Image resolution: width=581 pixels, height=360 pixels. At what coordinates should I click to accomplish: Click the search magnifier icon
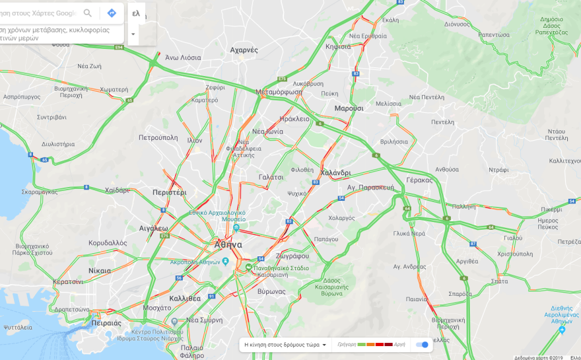click(x=88, y=13)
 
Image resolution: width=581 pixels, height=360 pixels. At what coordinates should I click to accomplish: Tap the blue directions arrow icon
click(x=112, y=13)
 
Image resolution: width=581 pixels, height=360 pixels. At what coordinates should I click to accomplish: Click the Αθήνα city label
click(x=228, y=244)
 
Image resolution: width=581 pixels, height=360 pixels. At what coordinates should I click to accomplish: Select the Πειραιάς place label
click(x=106, y=323)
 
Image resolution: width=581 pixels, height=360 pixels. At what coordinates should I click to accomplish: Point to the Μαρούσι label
click(x=349, y=108)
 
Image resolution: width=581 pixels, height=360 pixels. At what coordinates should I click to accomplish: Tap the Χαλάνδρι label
click(x=335, y=172)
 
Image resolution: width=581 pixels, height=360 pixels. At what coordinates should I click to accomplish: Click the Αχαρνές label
click(x=244, y=50)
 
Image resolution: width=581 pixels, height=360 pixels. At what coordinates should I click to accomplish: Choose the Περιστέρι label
click(x=169, y=192)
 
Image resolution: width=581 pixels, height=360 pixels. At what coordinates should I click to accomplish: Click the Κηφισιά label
click(x=338, y=47)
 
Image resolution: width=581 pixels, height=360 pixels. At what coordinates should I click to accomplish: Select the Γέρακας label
click(x=419, y=180)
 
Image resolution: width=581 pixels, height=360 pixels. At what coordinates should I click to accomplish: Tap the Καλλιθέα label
click(x=185, y=298)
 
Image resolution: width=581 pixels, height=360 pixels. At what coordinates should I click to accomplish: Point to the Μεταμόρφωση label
click(x=279, y=92)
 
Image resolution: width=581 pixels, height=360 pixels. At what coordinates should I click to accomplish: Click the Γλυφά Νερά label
click(x=409, y=233)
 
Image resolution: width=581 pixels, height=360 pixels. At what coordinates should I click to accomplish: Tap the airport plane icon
click(x=562, y=330)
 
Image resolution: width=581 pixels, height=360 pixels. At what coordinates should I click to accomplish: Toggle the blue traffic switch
click(x=422, y=344)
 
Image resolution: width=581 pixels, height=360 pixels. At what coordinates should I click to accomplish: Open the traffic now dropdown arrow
click(x=324, y=345)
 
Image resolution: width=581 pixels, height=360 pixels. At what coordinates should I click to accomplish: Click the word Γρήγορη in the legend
click(x=347, y=344)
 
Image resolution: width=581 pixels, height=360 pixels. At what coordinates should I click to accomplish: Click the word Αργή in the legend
click(x=399, y=344)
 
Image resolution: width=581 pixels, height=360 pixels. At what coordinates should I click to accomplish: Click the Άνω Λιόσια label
click(x=183, y=57)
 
